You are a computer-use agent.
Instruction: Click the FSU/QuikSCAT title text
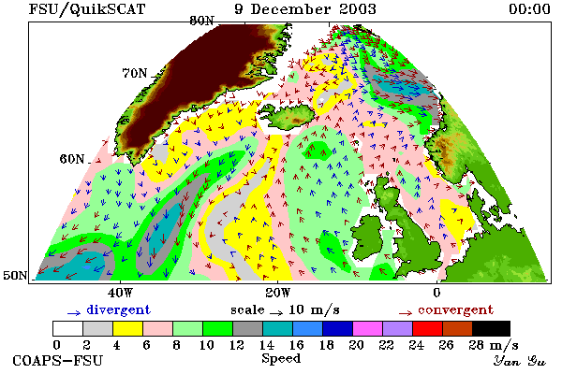(x=87, y=9)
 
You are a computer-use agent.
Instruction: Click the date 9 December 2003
(x=305, y=9)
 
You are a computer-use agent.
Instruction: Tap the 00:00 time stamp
(x=529, y=9)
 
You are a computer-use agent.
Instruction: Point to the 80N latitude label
(x=201, y=21)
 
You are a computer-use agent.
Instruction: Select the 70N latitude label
(x=134, y=73)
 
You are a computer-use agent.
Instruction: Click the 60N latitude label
(x=72, y=159)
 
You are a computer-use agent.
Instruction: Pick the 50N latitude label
(x=15, y=275)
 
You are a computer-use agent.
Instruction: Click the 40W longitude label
(x=120, y=293)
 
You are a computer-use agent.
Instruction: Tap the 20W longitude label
(x=278, y=293)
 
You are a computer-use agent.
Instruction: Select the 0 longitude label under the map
(x=436, y=293)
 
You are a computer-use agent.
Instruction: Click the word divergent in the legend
(x=119, y=309)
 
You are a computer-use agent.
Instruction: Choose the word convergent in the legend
(x=455, y=309)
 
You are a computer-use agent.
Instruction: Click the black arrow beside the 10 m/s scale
(x=276, y=313)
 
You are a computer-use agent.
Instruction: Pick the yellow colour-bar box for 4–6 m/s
(x=127, y=328)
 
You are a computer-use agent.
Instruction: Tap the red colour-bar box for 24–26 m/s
(x=427, y=328)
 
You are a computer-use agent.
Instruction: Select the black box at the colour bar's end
(x=491, y=328)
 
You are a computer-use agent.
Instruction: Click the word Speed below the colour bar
(x=281, y=358)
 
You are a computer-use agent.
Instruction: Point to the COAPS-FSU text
(x=57, y=360)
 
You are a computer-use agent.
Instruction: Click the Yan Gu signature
(x=520, y=361)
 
